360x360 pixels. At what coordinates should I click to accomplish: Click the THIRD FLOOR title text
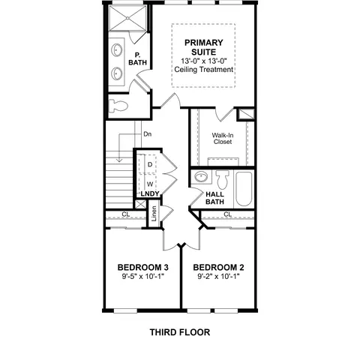tap(180, 332)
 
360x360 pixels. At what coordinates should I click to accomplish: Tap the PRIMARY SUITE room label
tap(203, 47)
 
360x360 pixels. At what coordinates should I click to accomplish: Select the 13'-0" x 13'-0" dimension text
tap(204, 61)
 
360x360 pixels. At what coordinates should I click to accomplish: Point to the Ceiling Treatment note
tap(204, 70)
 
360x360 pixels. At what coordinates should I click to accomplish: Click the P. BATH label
tap(137, 58)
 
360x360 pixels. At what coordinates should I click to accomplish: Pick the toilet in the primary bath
tap(118, 106)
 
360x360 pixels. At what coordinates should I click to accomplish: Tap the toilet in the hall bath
tap(223, 179)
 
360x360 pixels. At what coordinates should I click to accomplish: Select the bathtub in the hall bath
tap(244, 189)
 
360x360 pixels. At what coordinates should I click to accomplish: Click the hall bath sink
tap(201, 177)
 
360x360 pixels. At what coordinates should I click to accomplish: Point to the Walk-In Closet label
tap(223, 139)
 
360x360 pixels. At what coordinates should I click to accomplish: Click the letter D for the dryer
tap(150, 164)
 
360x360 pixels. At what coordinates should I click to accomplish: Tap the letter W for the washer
tap(150, 184)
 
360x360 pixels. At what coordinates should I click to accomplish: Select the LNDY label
tap(150, 193)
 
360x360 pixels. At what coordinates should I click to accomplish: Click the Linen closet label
tap(154, 214)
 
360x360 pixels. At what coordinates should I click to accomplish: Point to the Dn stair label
tap(148, 134)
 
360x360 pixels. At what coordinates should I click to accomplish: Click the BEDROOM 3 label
tap(143, 268)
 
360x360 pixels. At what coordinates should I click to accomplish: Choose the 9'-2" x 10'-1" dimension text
tap(218, 277)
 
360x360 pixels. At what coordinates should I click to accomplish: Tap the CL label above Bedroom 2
tap(227, 214)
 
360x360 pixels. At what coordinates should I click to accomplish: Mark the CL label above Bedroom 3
tap(126, 214)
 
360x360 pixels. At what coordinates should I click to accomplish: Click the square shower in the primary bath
tap(127, 18)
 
